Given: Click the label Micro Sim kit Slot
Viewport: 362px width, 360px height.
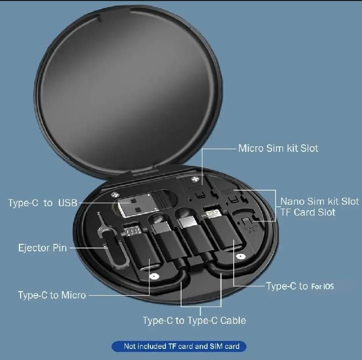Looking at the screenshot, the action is [x=278, y=148].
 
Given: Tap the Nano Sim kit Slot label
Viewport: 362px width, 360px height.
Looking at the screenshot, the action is [x=320, y=201].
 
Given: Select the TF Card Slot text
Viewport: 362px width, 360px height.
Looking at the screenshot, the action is [x=308, y=212].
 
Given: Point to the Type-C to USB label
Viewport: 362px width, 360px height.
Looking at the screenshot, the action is [x=43, y=203].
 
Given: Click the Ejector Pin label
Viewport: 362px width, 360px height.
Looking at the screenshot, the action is [x=42, y=248].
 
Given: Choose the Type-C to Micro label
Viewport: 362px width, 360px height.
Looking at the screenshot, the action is [x=52, y=295].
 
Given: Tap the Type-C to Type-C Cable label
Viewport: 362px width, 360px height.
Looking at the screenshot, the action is [x=195, y=320].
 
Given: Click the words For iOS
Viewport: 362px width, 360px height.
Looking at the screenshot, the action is [x=322, y=287].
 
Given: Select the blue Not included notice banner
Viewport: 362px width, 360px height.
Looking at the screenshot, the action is [x=179, y=346].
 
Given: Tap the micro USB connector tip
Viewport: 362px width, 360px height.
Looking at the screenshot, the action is [x=132, y=231].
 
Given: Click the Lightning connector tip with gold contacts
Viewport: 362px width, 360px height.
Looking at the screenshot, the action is [x=212, y=213].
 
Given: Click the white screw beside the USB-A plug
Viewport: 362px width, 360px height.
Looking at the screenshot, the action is [x=114, y=195].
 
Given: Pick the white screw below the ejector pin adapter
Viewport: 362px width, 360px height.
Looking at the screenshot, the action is [x=154, y=276].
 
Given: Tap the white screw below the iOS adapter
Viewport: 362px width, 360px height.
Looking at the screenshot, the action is [x=241, y=256].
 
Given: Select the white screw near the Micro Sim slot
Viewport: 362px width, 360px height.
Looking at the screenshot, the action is [x=195, y=179].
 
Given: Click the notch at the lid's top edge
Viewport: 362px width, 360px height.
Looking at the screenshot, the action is [x=116, y=14].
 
